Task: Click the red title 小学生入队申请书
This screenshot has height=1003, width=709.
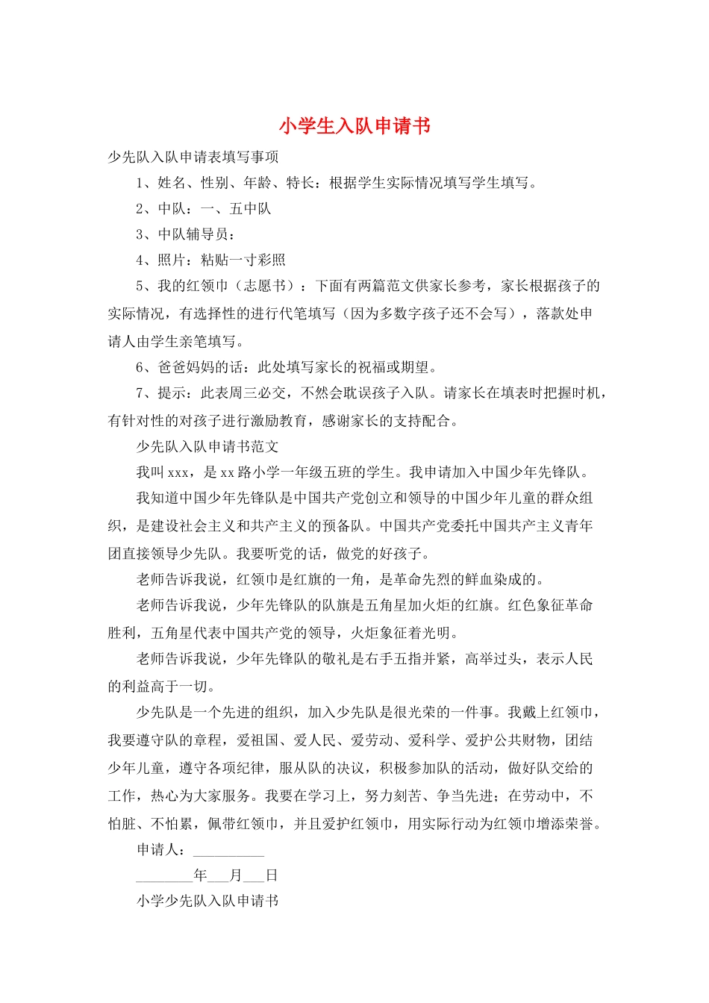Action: tap(354, 126)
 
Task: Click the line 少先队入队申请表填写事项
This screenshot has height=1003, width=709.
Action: tap(193, 157)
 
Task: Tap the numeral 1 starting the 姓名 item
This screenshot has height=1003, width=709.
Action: tap(140, 183)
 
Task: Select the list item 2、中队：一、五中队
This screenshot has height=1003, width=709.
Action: tap(204, 209)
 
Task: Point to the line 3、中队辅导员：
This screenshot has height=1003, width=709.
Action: tap(186, 234)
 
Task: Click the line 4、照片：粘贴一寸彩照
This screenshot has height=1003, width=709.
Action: tap(210, 260)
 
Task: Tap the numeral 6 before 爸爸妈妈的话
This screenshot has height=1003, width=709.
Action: tap(140, 367)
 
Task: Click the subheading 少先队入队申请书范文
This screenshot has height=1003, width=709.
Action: tap(207, 446)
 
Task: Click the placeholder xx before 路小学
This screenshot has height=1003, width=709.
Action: tap(228, 472)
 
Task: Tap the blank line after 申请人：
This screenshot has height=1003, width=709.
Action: tap(228, 851)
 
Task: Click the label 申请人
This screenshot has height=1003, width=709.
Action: tap(157, 850)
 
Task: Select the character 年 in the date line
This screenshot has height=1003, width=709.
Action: tap(200, 875)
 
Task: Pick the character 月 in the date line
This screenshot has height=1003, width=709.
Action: tap(236, 875)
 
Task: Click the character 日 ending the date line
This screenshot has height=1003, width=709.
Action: tap(272, 875)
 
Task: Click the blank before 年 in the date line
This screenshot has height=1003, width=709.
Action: tap(164, 877)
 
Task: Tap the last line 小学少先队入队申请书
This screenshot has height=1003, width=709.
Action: tap(207, 901)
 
